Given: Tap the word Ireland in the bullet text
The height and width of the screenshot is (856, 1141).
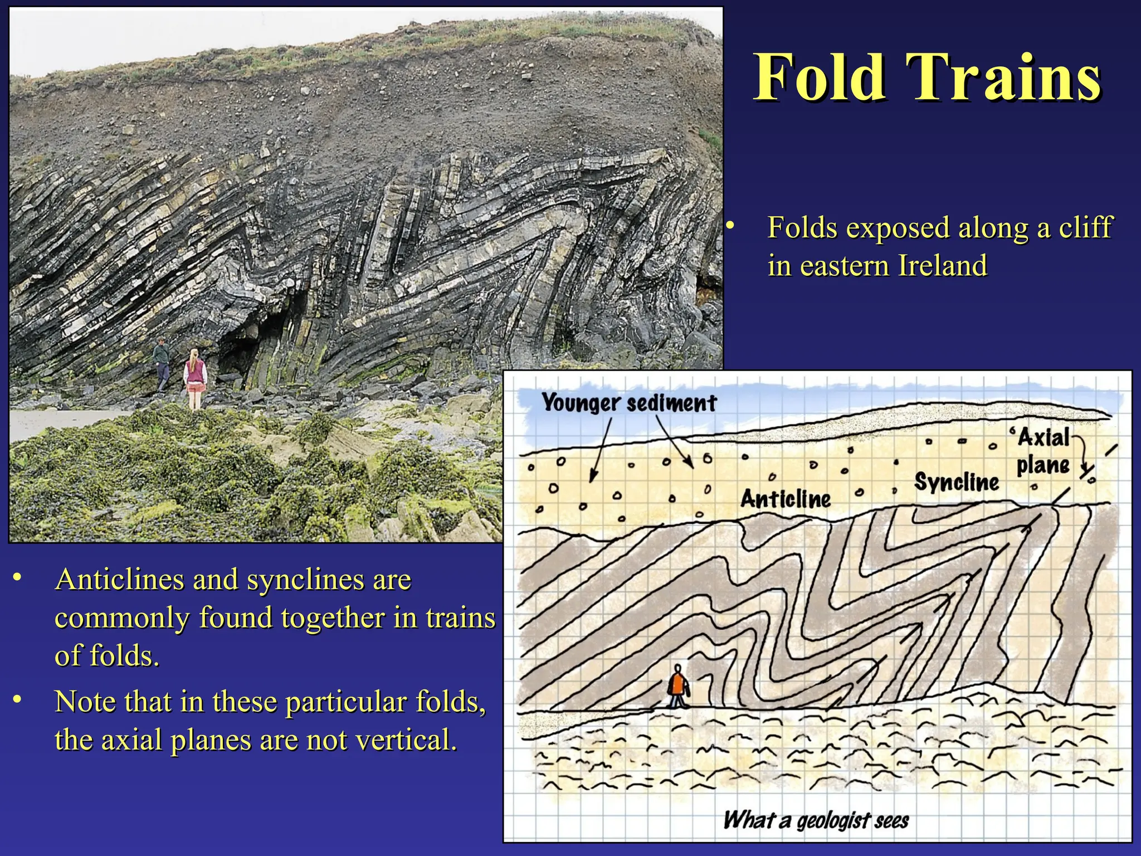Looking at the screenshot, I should (943, 265).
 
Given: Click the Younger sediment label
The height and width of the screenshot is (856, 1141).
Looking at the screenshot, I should (629, 402).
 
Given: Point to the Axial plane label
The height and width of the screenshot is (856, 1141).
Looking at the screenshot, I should (1044, 451).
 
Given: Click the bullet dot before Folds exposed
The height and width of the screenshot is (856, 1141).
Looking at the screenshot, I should (730, 226).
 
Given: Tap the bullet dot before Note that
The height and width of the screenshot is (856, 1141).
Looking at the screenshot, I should (18, 699).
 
